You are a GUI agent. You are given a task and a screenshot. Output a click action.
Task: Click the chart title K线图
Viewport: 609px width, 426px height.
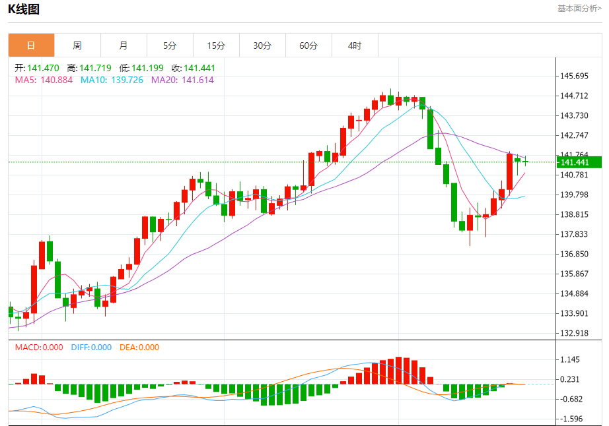[24, 9]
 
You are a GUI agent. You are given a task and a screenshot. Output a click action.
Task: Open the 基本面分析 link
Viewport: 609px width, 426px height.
[579, 9]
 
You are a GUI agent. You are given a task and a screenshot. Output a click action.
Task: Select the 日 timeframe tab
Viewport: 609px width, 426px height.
[31, 46]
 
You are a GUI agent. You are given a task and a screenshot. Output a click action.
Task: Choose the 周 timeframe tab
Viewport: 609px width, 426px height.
[77, 46]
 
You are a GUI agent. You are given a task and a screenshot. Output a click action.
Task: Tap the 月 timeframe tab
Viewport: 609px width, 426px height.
[124, 46]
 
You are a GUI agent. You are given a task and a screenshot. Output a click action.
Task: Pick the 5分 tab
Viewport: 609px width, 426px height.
[170, 46]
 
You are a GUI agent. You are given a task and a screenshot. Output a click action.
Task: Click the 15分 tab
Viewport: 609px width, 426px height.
[216, 46]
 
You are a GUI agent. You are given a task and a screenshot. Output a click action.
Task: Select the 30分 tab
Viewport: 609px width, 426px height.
[262, 46]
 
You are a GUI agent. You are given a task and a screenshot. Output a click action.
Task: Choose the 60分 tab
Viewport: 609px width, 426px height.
[308, 46]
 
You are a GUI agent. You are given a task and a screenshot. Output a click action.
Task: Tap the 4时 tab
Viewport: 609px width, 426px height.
[355, 46]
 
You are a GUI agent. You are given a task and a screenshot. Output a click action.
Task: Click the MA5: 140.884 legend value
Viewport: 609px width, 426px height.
[44, 80]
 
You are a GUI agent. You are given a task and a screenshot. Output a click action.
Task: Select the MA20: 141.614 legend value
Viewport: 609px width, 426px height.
[182, 80]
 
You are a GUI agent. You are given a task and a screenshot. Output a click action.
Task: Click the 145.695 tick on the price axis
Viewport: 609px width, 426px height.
[574, 76]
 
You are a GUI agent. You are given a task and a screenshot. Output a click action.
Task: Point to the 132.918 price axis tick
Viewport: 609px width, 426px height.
[574, 333]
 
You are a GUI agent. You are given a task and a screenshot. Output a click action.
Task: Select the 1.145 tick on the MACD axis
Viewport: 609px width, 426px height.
[571, 360]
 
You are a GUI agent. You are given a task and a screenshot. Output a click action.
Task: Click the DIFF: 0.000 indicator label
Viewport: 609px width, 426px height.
[91, 348]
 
